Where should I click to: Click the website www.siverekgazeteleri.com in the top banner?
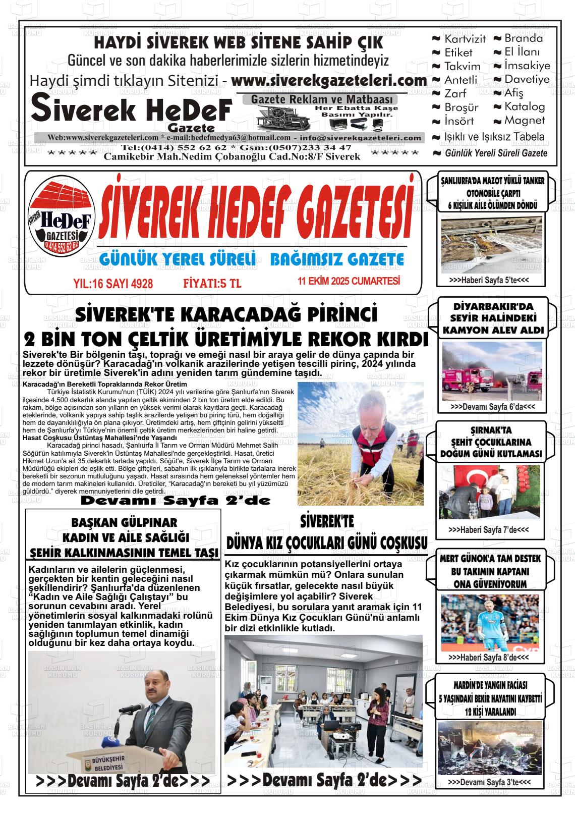(329, 81)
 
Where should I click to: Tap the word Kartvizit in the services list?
(465, 39)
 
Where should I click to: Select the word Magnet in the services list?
(525, 121)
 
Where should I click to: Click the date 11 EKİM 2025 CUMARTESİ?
(349, 281)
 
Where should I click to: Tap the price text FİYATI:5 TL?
(212, 284)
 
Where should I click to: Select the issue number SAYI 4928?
(129, 284)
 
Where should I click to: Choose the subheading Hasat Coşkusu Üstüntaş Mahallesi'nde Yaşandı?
(99, 438)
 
